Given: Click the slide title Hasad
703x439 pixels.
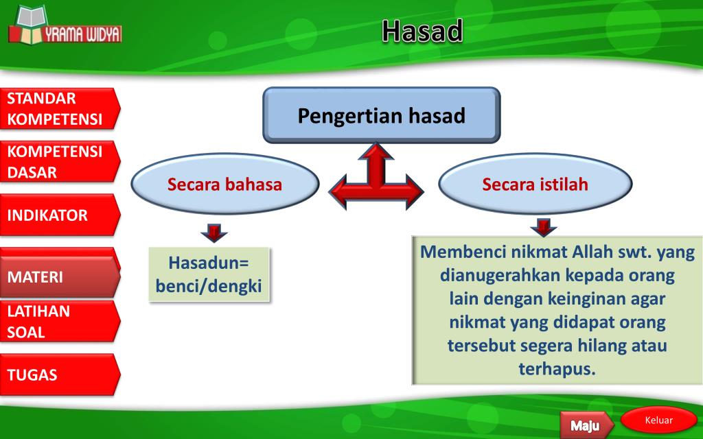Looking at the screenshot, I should point(422,31).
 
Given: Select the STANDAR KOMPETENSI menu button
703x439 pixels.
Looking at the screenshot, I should point(58,109).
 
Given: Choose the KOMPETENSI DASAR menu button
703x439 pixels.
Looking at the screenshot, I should point(58,162).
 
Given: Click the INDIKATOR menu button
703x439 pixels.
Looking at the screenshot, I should point(58,215).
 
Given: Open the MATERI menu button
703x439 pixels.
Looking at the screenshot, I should point(58,277).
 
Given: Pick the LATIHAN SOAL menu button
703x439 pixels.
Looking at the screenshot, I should point(58,322).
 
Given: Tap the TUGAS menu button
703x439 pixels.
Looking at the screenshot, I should point(58,375).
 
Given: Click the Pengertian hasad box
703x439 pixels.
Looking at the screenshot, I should point(381,115).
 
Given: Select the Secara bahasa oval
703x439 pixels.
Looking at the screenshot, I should point(224,185).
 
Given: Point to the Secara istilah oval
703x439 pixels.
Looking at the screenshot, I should point(535,185).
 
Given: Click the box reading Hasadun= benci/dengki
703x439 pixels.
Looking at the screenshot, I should point(209,274).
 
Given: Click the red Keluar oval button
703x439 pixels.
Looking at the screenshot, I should point(658,420).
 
